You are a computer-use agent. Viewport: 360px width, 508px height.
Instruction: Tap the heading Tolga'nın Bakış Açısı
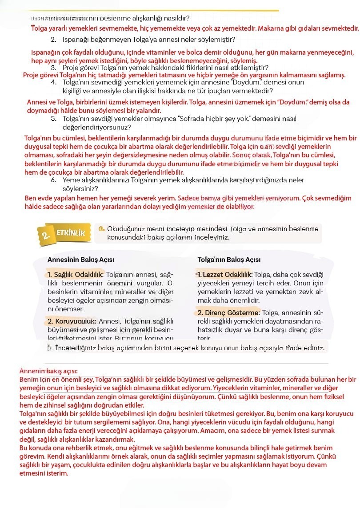(x=229, y=260)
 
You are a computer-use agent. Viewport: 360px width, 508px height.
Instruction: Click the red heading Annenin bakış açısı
(x=49, y=371)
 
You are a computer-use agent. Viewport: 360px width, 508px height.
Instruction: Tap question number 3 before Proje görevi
(x=53, y=68)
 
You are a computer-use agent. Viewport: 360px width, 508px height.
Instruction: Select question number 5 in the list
(x=53, y=119)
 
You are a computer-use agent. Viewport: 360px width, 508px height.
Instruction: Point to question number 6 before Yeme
(x=53, y=180)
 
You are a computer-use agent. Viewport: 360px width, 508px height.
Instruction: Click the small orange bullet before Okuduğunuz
(x=102, y=229)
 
